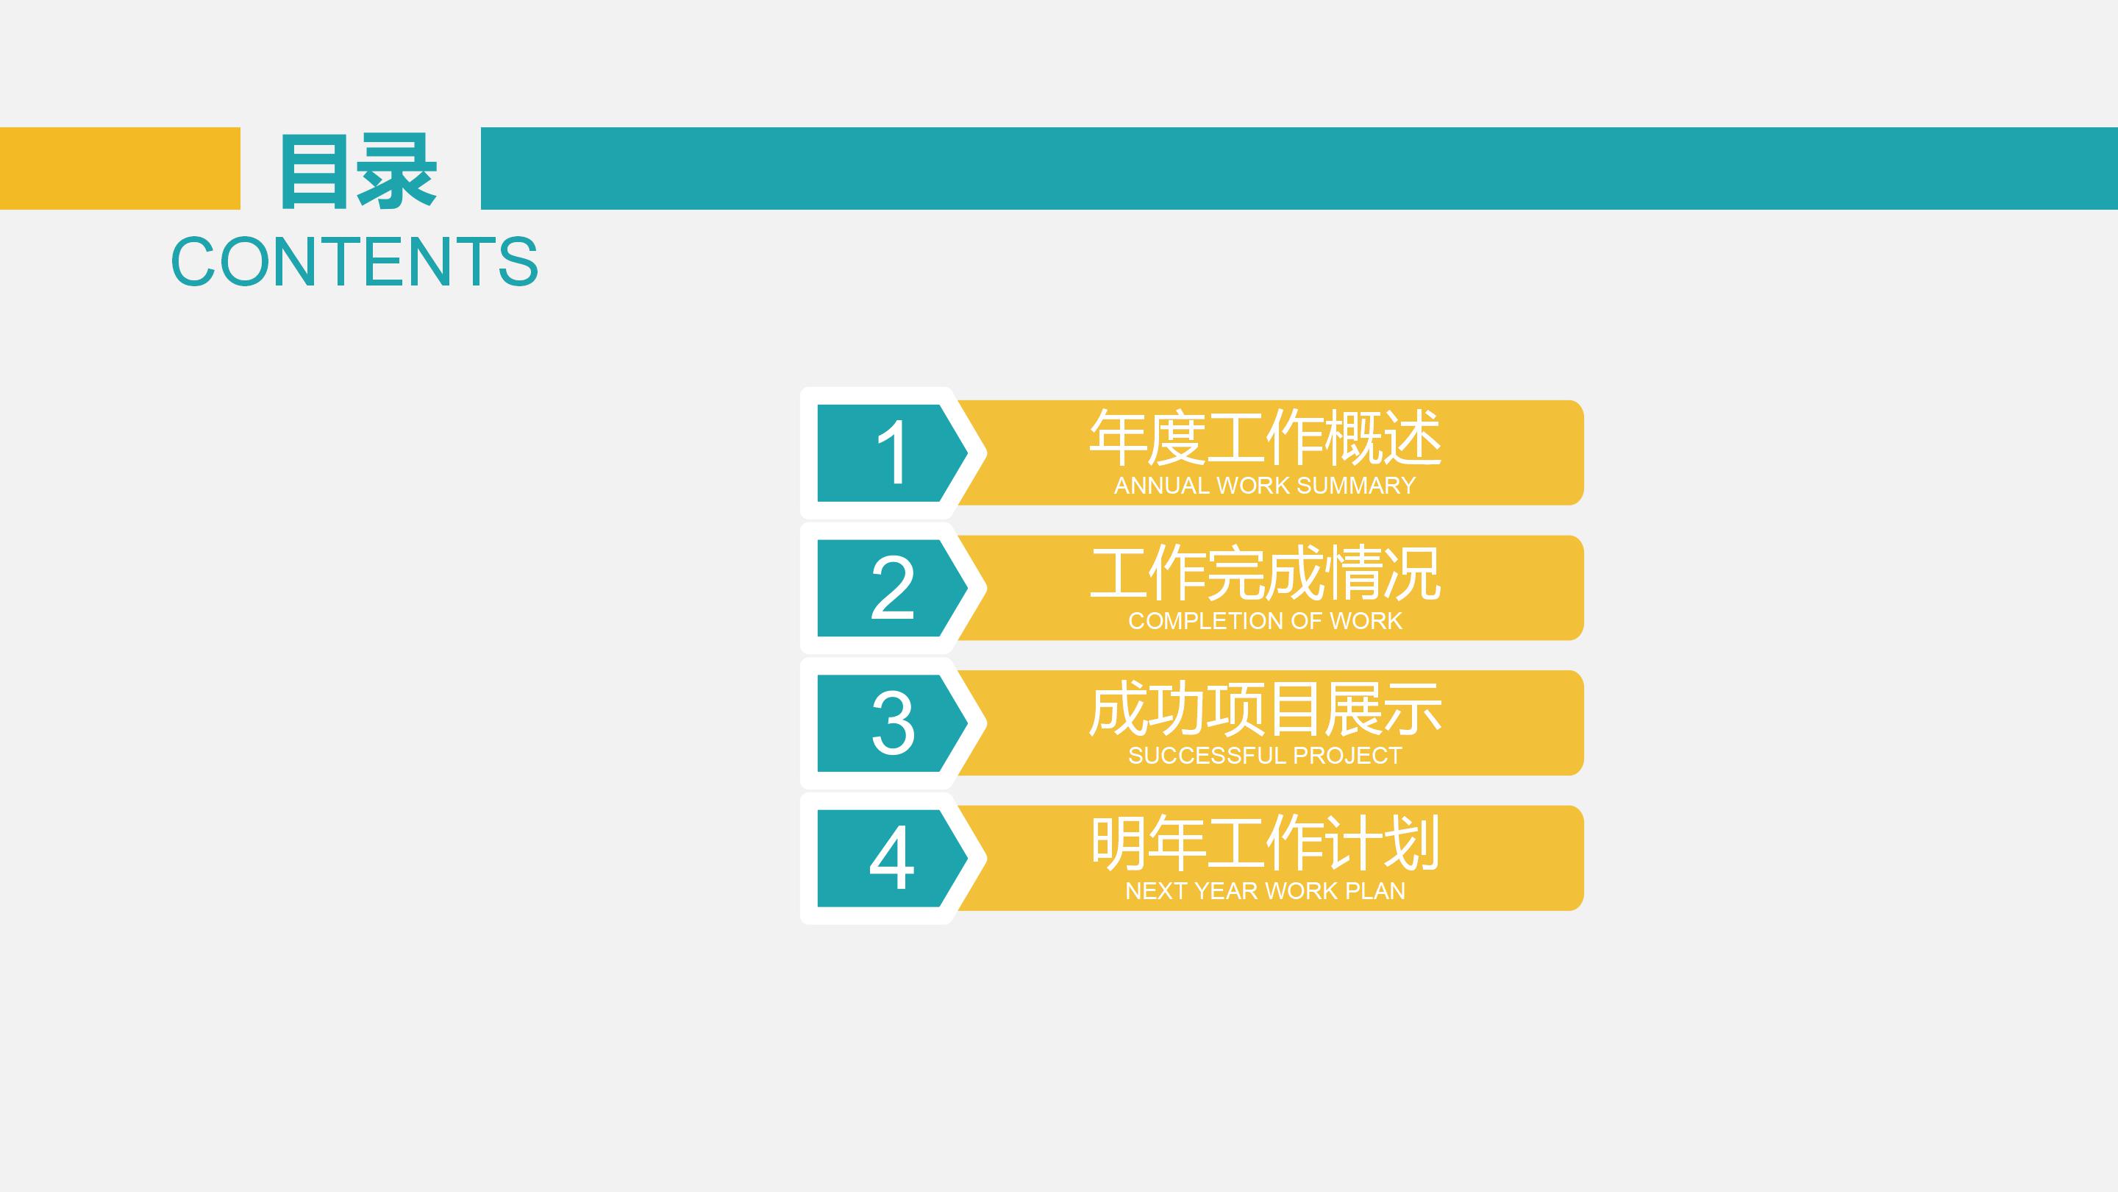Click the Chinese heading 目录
(358, 171)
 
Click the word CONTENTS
(354, 262)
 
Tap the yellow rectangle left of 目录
(120, 168)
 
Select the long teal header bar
(1299, 168)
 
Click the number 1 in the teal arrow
(891, 453)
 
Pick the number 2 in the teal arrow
(891, 587)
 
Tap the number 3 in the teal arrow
(891, 723)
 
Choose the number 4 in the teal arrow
(891, 858)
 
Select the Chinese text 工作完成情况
(1265, 572)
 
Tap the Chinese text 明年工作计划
(1265, 842)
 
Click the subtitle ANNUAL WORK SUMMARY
(1265, 486)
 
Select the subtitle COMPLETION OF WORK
(1265, 621)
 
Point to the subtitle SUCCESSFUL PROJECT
(1265, 755)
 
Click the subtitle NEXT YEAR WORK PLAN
(1265, 891)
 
